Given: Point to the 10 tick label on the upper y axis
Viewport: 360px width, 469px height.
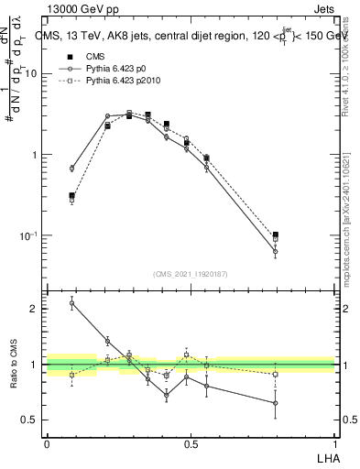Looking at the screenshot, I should click(33, 74).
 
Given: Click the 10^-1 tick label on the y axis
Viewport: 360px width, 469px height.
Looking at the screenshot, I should click(31, 235).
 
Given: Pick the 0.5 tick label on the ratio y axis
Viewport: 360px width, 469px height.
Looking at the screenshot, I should click(32, 420).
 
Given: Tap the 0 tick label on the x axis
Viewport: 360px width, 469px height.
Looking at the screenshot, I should click(47, 443).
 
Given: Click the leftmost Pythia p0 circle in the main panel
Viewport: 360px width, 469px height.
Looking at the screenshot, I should click(71, 169).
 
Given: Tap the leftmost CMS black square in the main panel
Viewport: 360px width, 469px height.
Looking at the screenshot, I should click(71, 195).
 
